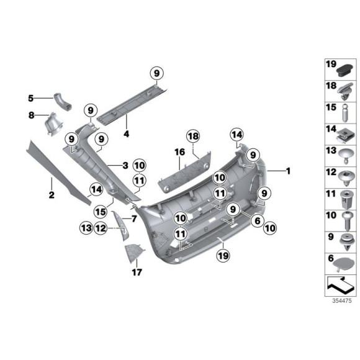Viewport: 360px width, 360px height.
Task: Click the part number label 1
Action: (x=287, y=170)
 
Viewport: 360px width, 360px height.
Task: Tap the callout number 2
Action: (x=52, y=195)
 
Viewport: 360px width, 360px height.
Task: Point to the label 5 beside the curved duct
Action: (x=30, y=97)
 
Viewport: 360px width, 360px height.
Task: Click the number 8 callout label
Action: (x=30, y=115)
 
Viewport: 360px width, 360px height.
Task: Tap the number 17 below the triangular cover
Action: (x=136, y=272)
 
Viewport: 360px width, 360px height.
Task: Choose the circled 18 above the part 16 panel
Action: (x=192, y=137)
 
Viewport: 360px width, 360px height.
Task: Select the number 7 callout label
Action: (x=133, y=218)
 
